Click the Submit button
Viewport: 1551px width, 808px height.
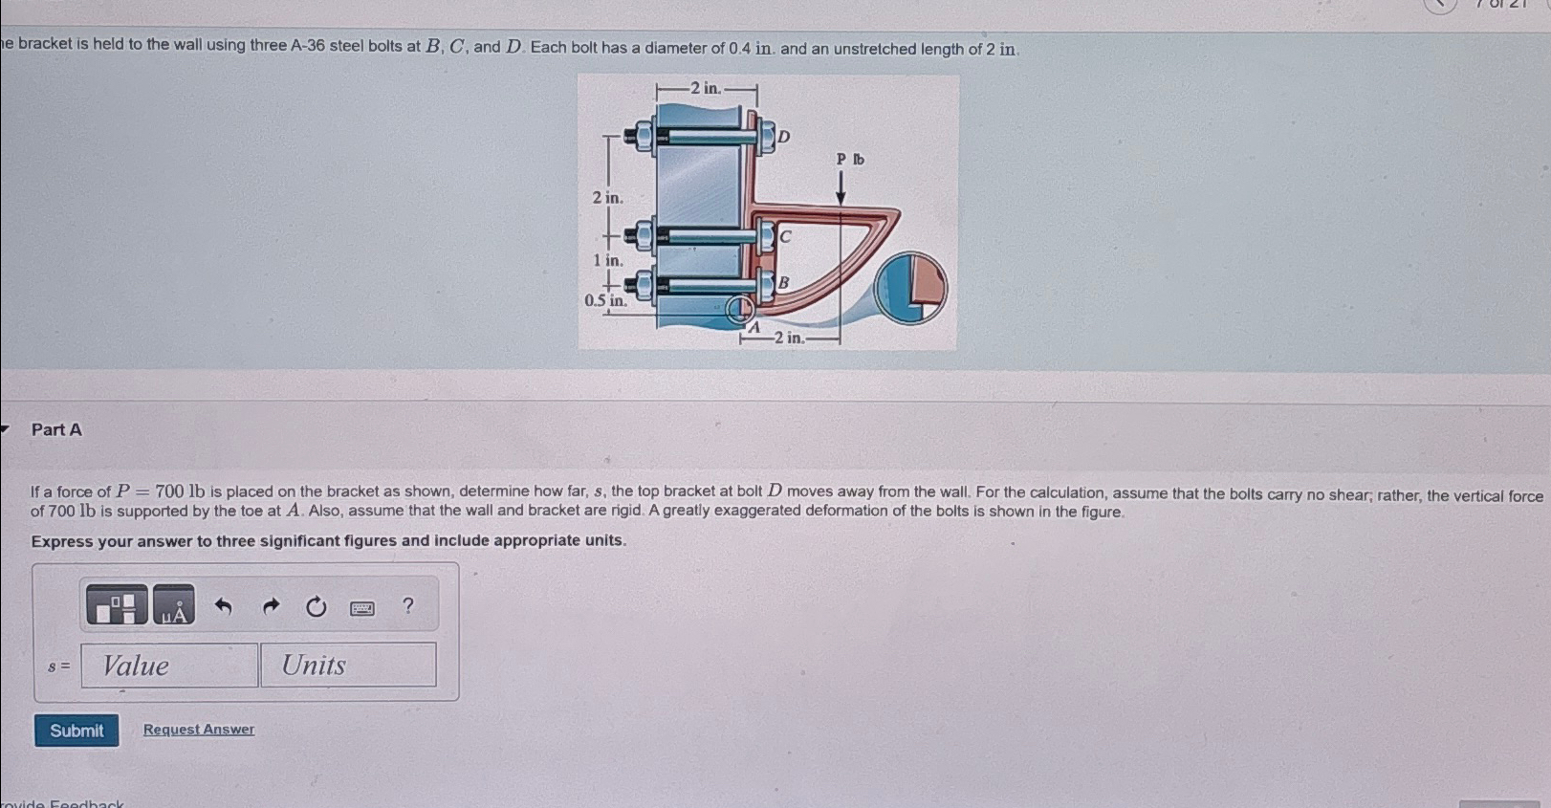tap(76, 731)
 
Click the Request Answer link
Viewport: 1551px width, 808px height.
tap(199, 730)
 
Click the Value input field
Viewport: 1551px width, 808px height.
tap(169, 666)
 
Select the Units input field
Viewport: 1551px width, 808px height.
tap(348, 666)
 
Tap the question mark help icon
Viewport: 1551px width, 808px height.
tap(408, 605)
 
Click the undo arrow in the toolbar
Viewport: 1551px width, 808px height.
tap(223, 606)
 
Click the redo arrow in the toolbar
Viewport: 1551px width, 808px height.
tap(271, 606)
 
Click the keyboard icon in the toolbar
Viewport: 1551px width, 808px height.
tap(361, 608)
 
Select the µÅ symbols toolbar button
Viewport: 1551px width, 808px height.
tap(174, 606)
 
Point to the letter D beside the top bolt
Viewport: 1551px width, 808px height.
tap(784, 137)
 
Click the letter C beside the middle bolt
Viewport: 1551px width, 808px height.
tap(785, 235)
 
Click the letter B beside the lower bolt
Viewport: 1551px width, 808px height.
tap(783, 282)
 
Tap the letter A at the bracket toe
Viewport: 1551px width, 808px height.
tap(754, 328)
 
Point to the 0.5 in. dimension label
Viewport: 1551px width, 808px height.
tap(605, 300)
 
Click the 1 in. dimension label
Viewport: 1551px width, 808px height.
tap(607, 260)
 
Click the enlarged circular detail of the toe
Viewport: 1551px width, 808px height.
tap(910, 288)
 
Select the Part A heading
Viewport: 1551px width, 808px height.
tap(56, 430)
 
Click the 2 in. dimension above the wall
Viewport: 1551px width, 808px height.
tap(706, 88)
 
